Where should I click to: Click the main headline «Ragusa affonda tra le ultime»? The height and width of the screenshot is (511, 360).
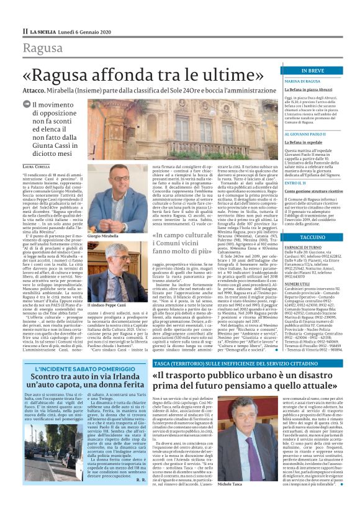pos(146,74)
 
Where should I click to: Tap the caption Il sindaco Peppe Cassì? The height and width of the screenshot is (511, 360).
pos(107,307)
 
